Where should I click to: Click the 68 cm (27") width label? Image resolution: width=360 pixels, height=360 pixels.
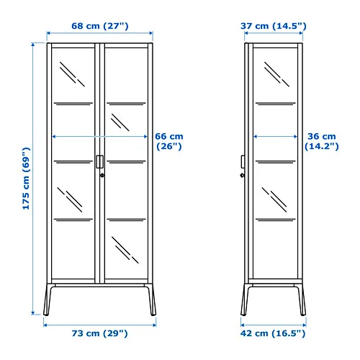[100, 26]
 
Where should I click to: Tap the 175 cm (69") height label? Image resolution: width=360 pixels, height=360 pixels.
[26, 179]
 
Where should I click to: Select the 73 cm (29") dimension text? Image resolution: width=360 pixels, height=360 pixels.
[99, 333]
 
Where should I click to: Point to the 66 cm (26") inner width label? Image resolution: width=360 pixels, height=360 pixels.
[169, 141]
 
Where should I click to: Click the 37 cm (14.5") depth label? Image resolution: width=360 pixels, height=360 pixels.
[274, 26]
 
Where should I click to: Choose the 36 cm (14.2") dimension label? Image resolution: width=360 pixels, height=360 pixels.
[322, 141]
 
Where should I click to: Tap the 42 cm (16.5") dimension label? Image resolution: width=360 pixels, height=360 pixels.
[273, 333]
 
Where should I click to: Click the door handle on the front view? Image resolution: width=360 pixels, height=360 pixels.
[100, 162]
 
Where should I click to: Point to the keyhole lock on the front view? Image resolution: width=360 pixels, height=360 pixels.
[102, 176]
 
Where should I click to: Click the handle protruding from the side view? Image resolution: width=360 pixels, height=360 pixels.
[243, 162]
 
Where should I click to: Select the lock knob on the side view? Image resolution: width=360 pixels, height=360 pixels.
[242, 176]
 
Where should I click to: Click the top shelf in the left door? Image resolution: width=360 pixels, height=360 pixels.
[73, 104]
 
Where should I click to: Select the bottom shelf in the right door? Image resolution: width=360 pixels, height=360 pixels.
[126, 220]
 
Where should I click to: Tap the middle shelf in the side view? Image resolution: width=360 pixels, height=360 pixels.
[276, 162]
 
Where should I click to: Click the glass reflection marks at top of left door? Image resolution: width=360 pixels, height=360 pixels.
[72, 74]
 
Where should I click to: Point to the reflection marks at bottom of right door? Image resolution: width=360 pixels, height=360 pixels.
[125, 250]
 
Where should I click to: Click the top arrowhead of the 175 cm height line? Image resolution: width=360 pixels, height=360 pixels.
[33, 45]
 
